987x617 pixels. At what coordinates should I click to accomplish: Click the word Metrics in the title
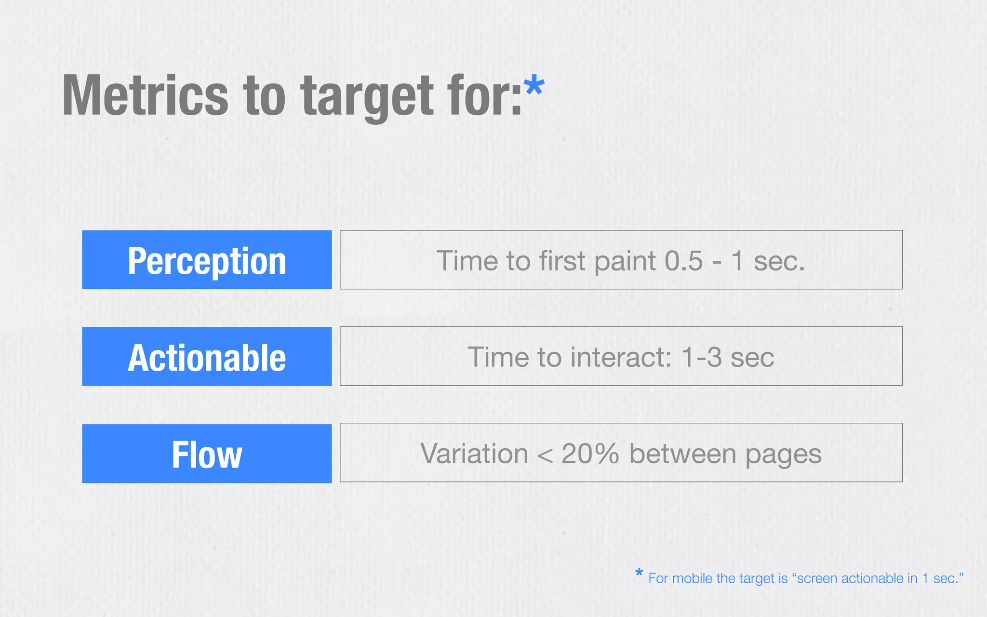[x=145, y=96]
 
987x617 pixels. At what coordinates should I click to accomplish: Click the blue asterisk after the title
[x=534, y=87]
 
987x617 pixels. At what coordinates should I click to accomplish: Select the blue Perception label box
[x=207, y=260]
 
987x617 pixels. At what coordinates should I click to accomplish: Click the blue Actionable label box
[x=207, y=357]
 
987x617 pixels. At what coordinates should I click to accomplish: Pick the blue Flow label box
[x=207, y=454]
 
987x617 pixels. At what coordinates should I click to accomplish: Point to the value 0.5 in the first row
[x=683, y=261]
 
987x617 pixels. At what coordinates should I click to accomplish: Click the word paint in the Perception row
[x=625, y=262]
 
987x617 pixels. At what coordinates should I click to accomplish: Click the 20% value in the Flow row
[x=590, y=454]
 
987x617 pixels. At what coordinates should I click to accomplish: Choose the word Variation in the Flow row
[x=474, y=454]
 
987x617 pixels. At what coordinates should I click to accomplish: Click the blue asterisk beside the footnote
[x=639, y=573]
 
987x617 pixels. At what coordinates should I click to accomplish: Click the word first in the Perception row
[x=562, y=261]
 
